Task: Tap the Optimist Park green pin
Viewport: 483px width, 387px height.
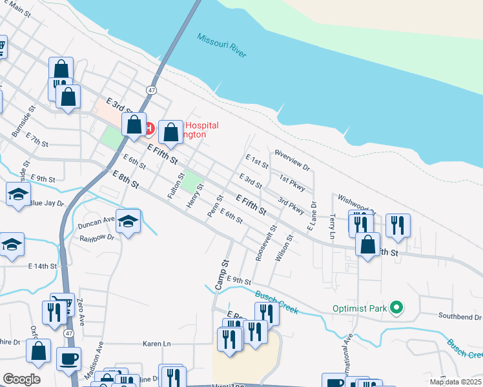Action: pyautogui.click(x=397, y=308)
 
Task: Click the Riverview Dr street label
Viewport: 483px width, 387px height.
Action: pyautogui.click(x=293, y=161)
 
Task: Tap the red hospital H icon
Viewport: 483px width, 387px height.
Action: pyautogui.click(x=149, y=129)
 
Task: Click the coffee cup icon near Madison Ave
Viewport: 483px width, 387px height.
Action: pyautogui.click(x=68, y=358)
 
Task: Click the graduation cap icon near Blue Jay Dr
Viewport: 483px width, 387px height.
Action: pyautogui.click(x=18, y=193)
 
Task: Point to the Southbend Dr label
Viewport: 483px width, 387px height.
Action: pyautogui.click(x=460, y=317)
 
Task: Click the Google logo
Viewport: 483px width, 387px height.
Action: pyautogui.click(x=21, y=379)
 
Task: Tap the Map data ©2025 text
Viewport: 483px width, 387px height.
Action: pyautogui.click(x=455, y=382)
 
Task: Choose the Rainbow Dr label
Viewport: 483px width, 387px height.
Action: pyautogui.click(x=96, y=237)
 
